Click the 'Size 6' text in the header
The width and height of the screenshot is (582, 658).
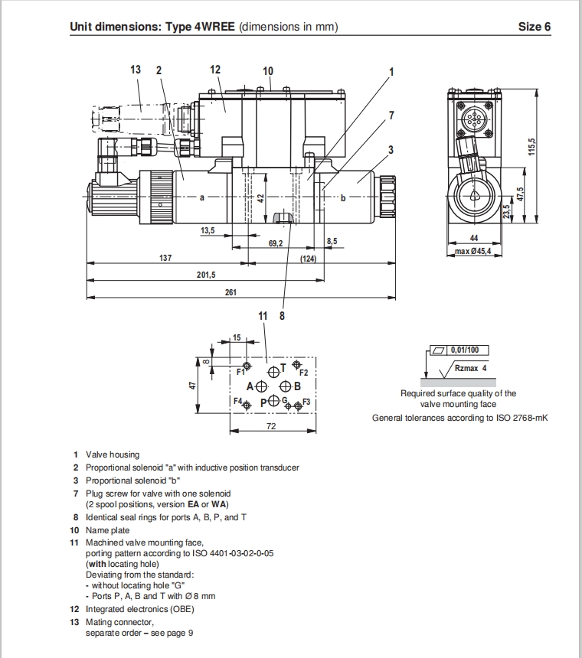pyautogui.click(x=534, y=27)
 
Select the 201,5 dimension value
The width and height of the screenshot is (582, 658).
pyautogui.click(x=207, y=275)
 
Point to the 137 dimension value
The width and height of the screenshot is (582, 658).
pyautogui.click(x=165, y=258)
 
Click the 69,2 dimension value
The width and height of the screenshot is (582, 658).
pyautogui.click(x=276, y=243)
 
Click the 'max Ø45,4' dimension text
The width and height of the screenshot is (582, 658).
pyautogui.click(x=472, y=251)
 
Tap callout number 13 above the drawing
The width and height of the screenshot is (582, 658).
pyautogui.click(x=136, y=70)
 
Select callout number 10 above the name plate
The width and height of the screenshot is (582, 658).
pyautogui.click(x=267, y=71)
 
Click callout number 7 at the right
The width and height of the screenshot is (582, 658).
pyautogui.click(x=391, y=116)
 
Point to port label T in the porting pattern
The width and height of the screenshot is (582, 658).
pyautogui.click(x=283, y=367)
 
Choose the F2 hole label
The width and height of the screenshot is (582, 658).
pyautogui.click(x=303, y=373)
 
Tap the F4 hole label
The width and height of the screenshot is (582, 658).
pyautogui.click(x=238, y=402)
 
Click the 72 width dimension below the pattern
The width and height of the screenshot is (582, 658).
pyautogui.click(x=271, y=426)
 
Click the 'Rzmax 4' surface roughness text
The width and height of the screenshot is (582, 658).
pyautogui.click(x=471, y=368)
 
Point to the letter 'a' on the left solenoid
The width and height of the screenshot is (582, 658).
pyautogui.click(x=201, y=197)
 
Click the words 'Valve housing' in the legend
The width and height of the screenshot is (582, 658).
pyautogui.click(x=113, y=454)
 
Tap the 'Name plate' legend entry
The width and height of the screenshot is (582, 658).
pyautogui.click(x=108, y=530)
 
